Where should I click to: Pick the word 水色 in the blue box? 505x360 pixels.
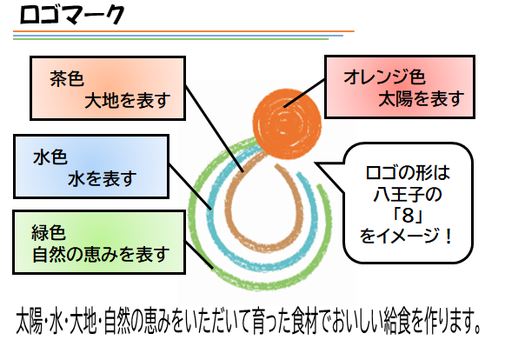50,157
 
